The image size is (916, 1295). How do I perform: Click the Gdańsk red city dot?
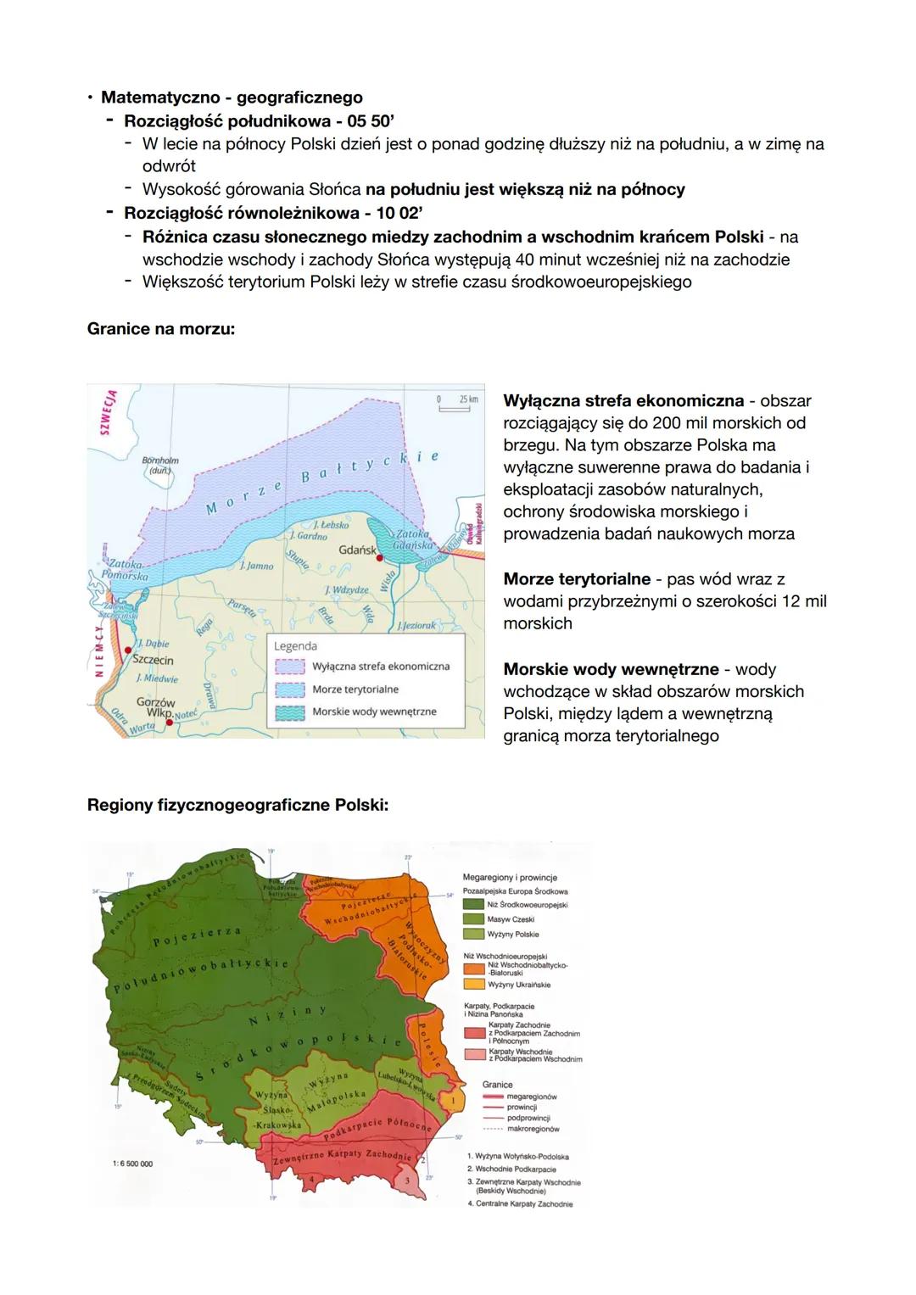(x=380, y=557)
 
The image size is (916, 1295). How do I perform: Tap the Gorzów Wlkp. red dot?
(x=169, y=723)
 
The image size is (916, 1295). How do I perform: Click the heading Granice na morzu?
(x=160, y=328)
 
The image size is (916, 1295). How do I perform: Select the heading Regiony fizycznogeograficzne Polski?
(x=237, y=805)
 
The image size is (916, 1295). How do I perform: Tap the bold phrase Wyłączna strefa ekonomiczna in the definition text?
(x=623, y=400)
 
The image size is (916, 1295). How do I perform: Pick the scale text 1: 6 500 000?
(x=132, y=1164)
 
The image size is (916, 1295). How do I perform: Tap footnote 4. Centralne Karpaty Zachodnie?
(x=520, y=1203)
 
